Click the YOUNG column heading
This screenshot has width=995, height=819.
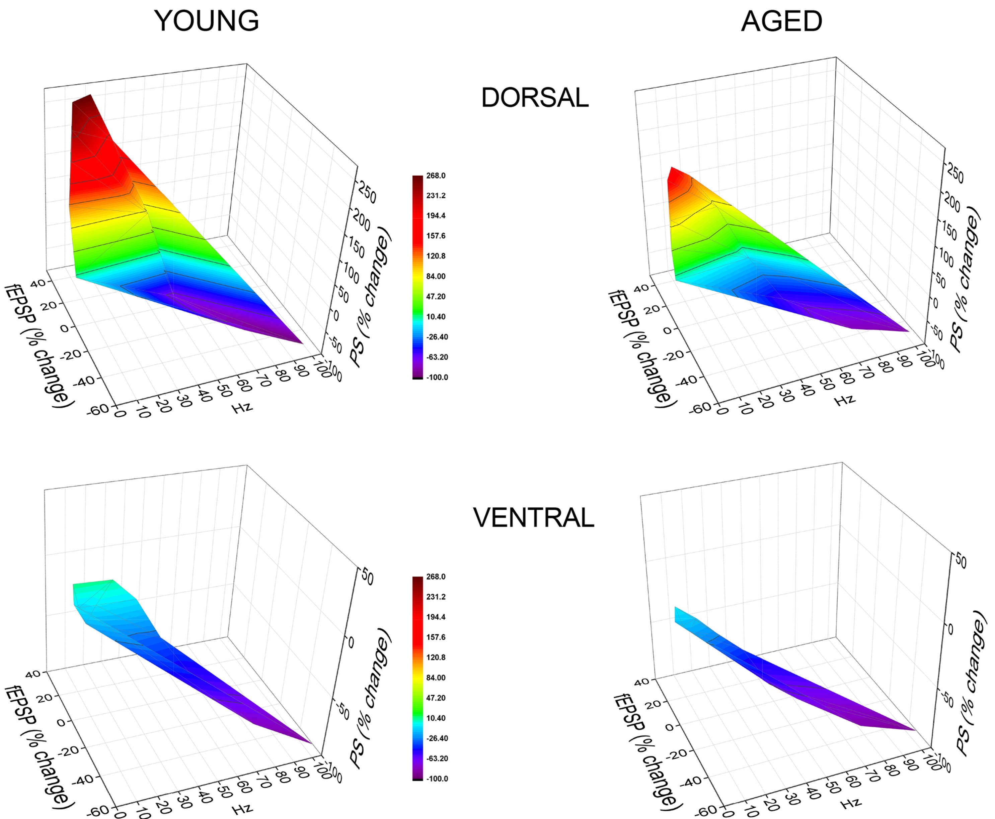coord(206,21)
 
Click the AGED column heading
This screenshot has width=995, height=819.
coord(781,21)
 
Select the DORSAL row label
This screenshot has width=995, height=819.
coord(535,98)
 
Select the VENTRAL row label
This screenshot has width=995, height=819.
coord(534,518)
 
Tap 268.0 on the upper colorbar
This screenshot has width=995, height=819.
coord(436,176)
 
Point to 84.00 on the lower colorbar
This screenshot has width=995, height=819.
coord(436,678)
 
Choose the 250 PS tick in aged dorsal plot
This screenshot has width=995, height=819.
coord(955,175)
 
